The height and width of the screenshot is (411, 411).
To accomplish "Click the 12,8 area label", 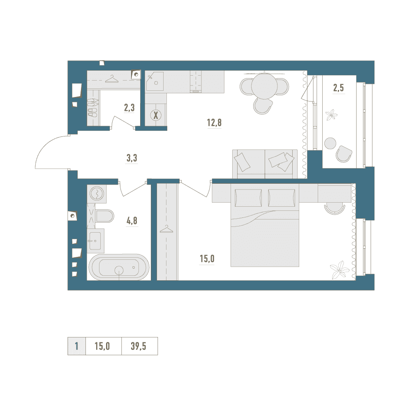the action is pyautogui.click(x=215, y=122).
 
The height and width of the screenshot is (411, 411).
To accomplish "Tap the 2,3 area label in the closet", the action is pyautogui.click(x=129, y=107).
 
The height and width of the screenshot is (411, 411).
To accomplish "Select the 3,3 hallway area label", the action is pyautogui.click(x=132, y=158).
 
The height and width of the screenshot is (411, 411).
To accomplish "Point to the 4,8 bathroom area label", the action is pyautogui.click(x=132, y=221).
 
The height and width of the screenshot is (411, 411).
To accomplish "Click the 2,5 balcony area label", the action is pyautogui.click(x=338, y=88).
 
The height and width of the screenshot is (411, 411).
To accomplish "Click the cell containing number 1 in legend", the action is pyautogui.click(x=76, y=346).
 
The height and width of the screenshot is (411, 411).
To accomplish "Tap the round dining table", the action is pyautogui.click(x=264, y=86).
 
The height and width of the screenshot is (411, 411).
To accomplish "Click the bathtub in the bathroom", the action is pyautogui.click(x=119, y=267).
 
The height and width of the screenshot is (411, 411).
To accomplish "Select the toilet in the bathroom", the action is pyautogui.click(x=104, y=216).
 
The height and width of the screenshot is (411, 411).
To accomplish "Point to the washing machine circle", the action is pyautogui.click(x=97, y=194).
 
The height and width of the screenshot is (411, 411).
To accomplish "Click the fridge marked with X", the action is pyautogui.click(x=156, y=115).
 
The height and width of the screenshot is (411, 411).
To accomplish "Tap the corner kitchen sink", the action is pyautogui.click(x=155, y=81).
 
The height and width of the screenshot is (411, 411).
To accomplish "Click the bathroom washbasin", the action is pyautogui.click(x=95, y=241).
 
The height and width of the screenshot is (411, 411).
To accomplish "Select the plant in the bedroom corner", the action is pyautogui.click(x=339, y=270).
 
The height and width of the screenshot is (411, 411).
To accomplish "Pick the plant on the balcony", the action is pyautogui.click(x=331, y=115).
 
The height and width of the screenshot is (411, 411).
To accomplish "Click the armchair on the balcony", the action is pyautogui.click(x=344, y=154).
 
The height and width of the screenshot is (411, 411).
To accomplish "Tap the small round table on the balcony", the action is pyautogui.click(x=330, y=143).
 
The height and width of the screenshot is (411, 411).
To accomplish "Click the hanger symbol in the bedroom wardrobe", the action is pyautogui.click(x=166, y=229).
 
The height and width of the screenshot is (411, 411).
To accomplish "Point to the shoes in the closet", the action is pyautogui.click(x=92, y=107).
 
